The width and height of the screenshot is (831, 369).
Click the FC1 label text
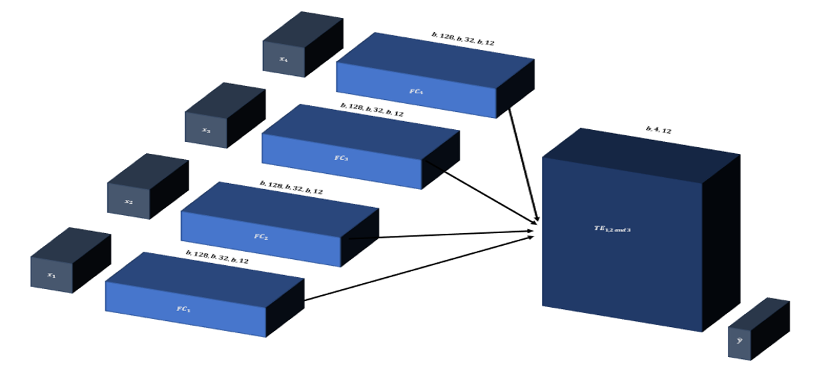[184, 309]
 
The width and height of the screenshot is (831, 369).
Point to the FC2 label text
[260, 236]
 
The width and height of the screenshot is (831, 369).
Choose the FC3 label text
[341, 158]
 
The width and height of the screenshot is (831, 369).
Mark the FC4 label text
[415, 91]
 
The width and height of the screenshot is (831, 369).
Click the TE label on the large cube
[612, 229]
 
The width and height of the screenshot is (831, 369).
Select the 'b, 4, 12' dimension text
[658, 130]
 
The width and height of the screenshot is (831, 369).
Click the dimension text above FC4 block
[463, 39]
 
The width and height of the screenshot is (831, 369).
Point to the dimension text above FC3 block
[372, 111]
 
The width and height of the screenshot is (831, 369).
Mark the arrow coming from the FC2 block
[439, 235]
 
